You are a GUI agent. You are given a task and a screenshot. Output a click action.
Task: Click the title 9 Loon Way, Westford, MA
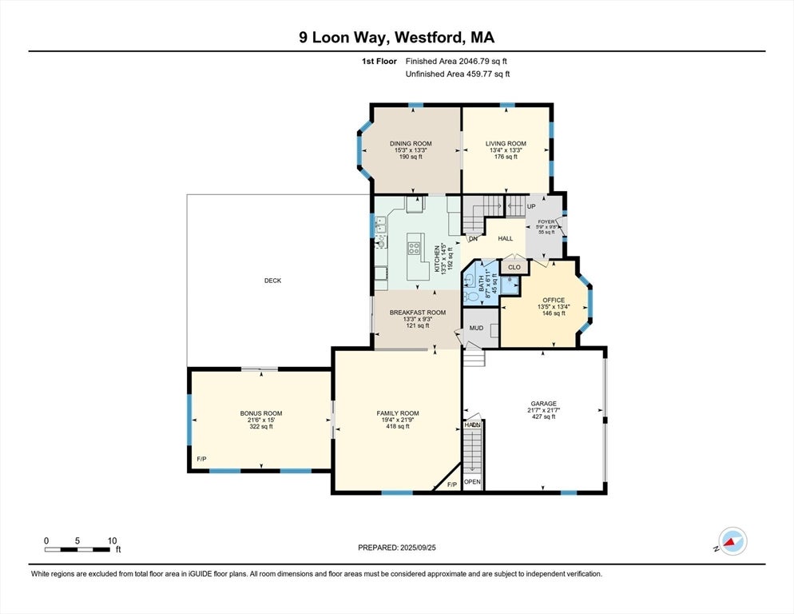coord(396,38)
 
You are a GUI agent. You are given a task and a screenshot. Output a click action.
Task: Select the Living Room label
coord(506,144)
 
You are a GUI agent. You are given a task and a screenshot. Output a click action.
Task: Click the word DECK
coord(273,281)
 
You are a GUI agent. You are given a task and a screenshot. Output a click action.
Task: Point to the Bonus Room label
coord(260,413)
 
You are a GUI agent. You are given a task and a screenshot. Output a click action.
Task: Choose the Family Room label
coord(397,413)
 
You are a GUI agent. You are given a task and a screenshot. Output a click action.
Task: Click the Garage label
coord(543,404)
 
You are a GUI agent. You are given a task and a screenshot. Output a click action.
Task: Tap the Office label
coord(553,301)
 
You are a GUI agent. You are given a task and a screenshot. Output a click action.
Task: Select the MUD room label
coord(476,328)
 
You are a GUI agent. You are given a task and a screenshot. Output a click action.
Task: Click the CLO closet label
coord(514,267)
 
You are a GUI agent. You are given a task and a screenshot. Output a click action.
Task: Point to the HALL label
coord(505,239)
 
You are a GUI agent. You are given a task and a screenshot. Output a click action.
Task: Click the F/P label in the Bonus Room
coord(201,459)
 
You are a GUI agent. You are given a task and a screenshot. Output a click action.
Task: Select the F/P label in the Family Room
coord(451,484)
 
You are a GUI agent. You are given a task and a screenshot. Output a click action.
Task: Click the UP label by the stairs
coord(531,207)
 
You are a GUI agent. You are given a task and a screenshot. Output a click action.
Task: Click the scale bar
coord(77,549)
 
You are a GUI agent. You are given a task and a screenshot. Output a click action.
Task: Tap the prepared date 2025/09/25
coord(396,548)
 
